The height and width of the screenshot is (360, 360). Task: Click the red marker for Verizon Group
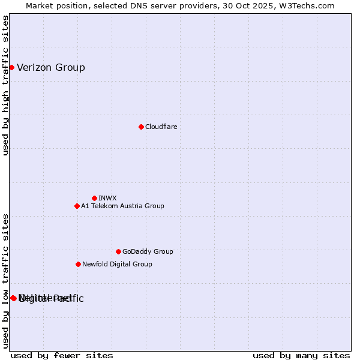[11, 67]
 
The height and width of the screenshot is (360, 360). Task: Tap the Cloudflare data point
[141, 127]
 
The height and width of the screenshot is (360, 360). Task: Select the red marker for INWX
[94, 198]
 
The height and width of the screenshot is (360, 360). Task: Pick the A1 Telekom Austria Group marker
[77, 206]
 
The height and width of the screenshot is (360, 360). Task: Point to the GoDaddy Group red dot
[118, 251]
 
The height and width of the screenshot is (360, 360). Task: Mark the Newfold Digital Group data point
[78, 264]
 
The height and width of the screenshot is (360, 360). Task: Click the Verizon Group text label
[51, 67]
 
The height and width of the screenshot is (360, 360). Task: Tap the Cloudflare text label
[161, 127]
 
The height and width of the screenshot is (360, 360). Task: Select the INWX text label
[108, 198]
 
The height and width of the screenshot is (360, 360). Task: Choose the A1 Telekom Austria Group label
[122, 206]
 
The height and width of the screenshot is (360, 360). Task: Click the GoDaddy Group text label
[148, 251]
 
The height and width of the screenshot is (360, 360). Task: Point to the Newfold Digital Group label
[117, 264]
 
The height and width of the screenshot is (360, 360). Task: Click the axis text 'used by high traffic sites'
[5, 85]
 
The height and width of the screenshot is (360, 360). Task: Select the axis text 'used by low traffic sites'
[5, 281]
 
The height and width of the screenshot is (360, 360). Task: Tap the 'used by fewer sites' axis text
[62, 355]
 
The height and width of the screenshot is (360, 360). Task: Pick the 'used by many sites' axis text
[301, 355]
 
